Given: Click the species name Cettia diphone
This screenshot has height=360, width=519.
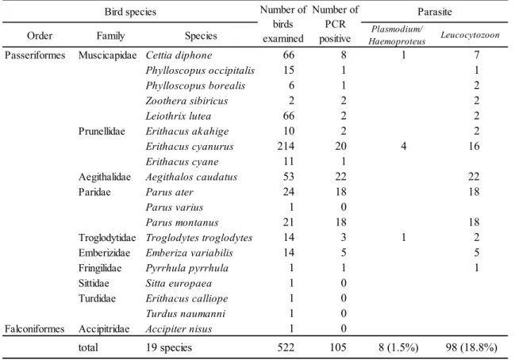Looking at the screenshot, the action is (179, 56).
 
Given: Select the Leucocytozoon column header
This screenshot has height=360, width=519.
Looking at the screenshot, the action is (470, 35).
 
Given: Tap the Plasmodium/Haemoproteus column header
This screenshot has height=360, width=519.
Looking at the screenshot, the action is (397, 35).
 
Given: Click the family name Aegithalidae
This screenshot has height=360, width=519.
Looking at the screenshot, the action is (105, 177).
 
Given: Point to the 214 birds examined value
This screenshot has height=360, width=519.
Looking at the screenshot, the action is (286, 146).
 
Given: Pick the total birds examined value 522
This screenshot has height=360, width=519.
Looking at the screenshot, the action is (286, 347).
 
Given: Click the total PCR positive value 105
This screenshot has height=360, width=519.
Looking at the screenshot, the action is (337, 347).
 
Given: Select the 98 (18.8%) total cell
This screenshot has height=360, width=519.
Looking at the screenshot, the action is (471, 347).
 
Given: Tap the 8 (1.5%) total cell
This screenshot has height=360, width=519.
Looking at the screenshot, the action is (398, 347).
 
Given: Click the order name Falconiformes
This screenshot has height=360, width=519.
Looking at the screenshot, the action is (34, 329).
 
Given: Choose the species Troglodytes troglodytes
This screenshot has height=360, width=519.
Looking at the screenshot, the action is (199, 238).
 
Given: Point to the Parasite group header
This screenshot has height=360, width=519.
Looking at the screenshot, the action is (434, 12).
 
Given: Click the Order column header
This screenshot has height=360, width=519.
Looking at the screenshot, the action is (40, 36).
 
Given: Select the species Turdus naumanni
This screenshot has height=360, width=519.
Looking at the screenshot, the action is (186, 314).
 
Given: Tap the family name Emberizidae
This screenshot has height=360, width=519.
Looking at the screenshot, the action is (104, 253).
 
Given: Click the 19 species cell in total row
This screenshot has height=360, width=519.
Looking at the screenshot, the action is (169, 348).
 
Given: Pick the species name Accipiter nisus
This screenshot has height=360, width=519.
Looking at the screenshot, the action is (179, 329).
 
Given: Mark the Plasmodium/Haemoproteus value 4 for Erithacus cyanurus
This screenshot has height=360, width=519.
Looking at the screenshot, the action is (403, 146).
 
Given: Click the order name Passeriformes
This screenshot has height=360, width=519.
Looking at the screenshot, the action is (35, 56).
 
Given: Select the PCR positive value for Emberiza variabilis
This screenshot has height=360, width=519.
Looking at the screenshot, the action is (344, 253).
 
